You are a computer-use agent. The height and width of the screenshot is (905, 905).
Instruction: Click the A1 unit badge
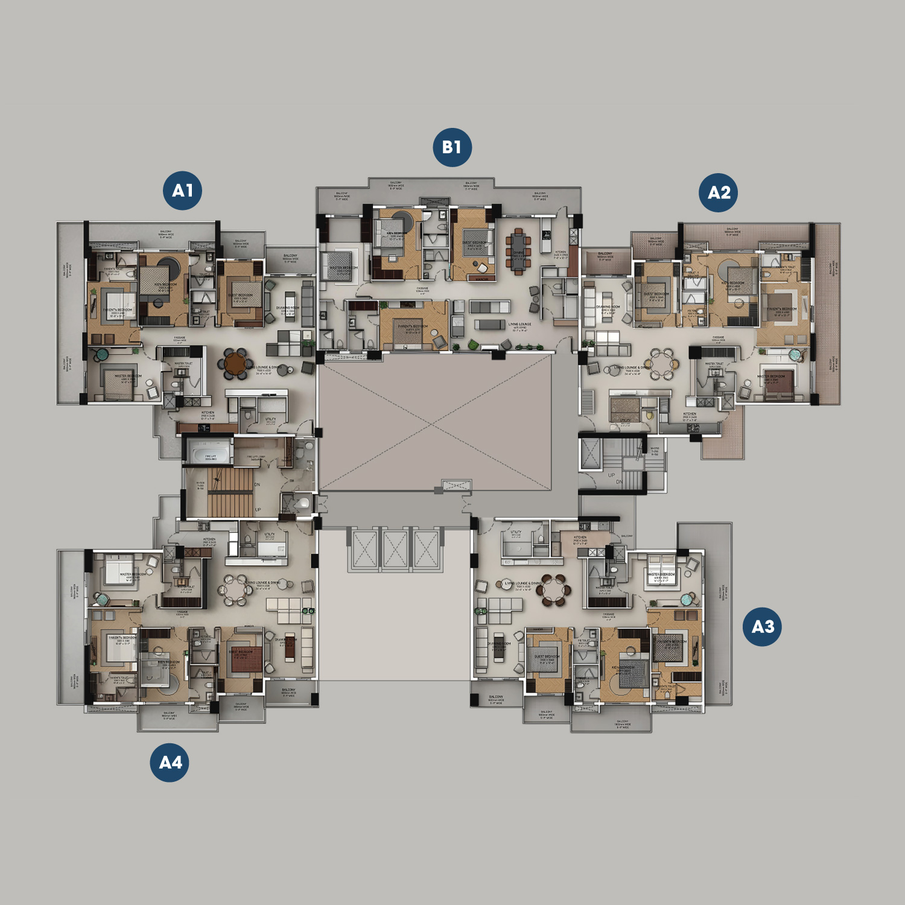point(183,191)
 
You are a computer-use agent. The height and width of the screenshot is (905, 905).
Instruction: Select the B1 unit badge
point(452,147)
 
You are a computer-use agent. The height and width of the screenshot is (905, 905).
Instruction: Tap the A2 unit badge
point(719,192)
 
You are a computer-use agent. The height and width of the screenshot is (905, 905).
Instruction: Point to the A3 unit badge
point(762,627)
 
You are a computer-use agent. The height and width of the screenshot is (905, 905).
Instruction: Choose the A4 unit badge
point(170,763)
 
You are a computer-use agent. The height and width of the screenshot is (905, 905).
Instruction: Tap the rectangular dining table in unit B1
point(518,250)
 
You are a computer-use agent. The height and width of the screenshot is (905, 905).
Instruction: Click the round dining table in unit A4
point(235,590)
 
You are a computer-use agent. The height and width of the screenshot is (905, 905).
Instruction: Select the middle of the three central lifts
point(395,549)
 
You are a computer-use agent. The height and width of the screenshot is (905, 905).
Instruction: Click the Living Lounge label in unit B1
point(519,325)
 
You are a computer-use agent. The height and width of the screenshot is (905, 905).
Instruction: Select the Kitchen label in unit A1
point(208,413)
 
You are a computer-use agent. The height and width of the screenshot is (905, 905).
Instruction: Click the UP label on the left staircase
point(258,510)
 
